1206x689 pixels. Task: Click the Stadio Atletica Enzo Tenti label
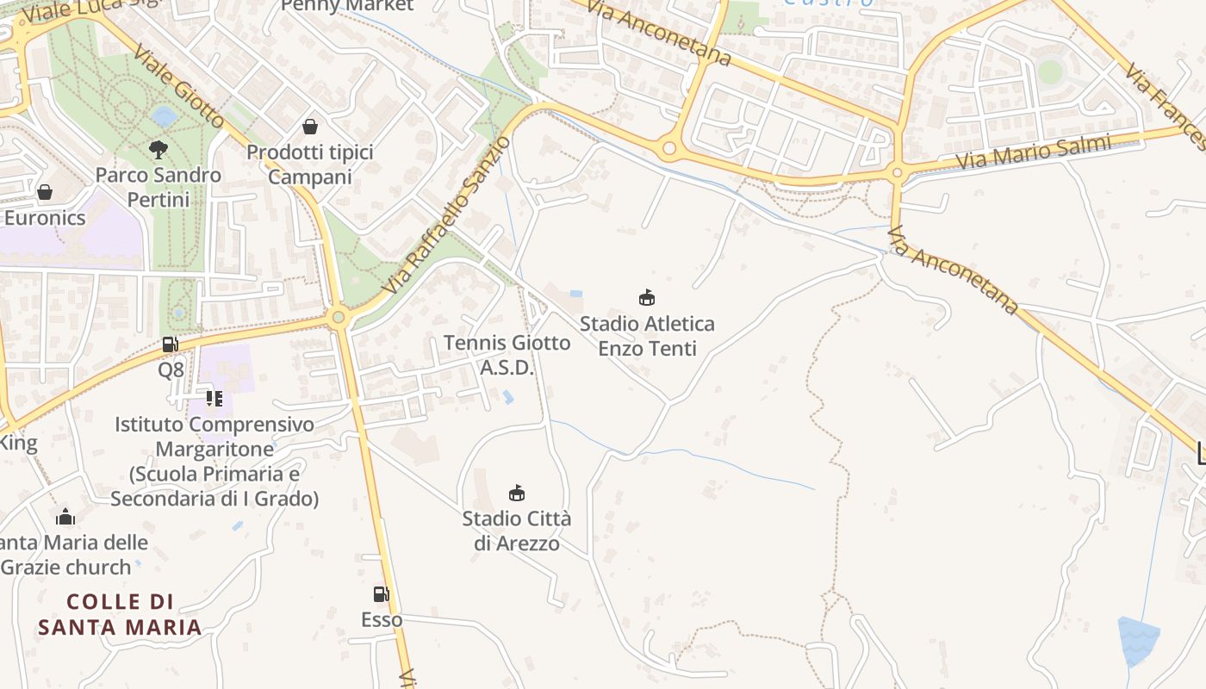[647, 336]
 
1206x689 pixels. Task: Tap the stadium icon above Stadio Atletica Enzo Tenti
[647, 298]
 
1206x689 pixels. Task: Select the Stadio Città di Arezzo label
[517, 531]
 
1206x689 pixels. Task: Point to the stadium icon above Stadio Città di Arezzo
[517, 493]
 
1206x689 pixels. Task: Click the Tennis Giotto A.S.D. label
[507, 355]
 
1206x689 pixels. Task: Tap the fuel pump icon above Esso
[381, 594]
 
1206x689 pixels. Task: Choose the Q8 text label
[171, 370]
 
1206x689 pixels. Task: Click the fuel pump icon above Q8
[171, 344]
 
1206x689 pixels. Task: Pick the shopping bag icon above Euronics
[45, 191]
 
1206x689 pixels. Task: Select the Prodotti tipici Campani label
[310, 164]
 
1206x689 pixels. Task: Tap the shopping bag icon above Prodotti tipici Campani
[310, 127]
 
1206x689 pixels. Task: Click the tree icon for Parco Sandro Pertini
[158, 150]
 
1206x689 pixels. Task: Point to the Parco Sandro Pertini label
[158, 187]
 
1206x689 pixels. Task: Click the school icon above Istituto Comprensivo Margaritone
[214, 399]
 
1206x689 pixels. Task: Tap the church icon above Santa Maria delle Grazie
[65, 517]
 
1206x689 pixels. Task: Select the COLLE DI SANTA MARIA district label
[120, 614]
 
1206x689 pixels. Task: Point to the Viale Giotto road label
[179, 86]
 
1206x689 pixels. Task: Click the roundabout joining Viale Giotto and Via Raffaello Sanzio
[338, 318]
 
